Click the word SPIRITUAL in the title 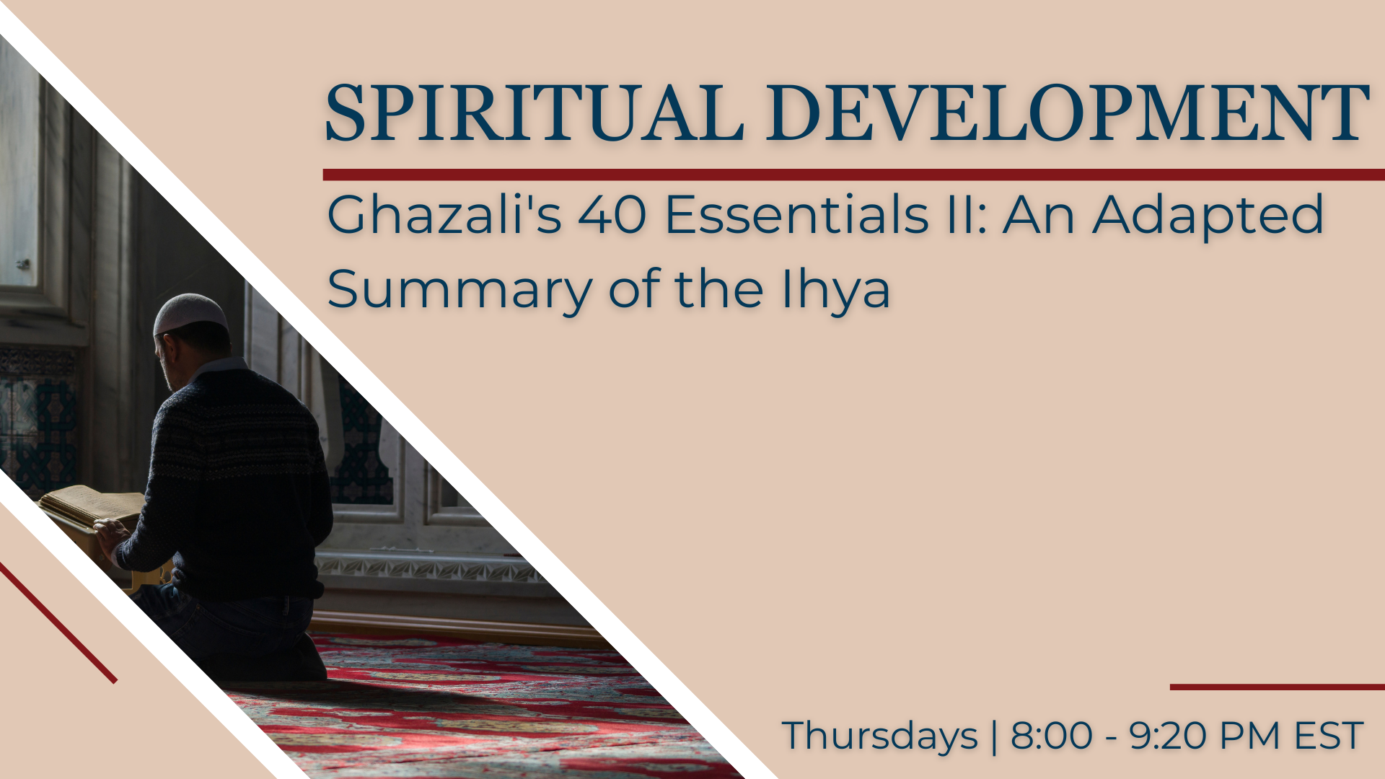tap(535, 113)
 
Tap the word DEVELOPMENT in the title tap(1067, 113)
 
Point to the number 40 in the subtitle tap(612, 215)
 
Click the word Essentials tap(796, 214)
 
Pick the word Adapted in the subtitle tap(1208, 216)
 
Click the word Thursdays tap(880, 736)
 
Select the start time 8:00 tap(1052, 736)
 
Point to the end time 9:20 tap(1169, 736)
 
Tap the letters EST tap(1328, 736)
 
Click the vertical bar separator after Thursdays tap(995, 736)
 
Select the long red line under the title tap(854, 175)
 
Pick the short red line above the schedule tap(1278, 687)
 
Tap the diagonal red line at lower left tap(58, 622)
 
